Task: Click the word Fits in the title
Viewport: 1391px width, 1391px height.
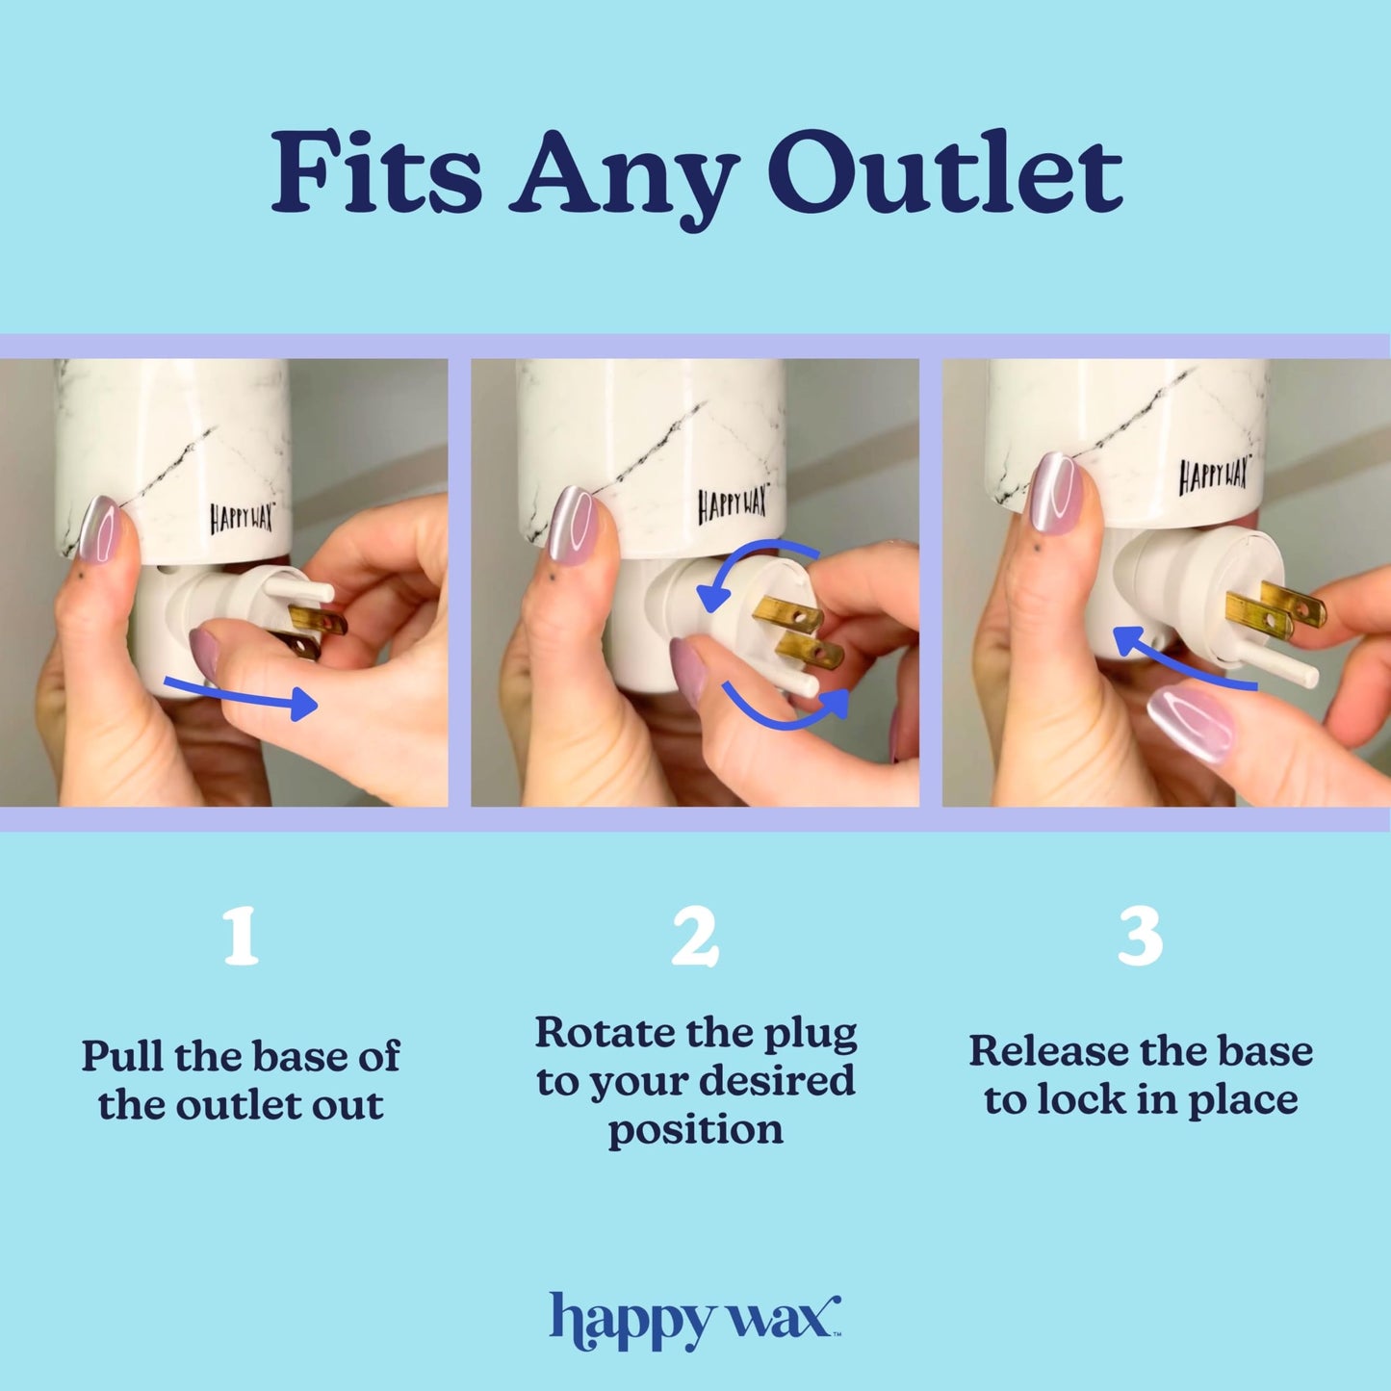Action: (x=375, y=175)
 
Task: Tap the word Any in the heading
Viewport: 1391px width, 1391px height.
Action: (x=625, y=178)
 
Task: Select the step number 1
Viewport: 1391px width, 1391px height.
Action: (x=240, y=936)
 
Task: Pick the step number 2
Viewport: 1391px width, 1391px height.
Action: (x=694, y=936)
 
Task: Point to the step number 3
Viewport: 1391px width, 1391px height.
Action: (x=1140, y=936)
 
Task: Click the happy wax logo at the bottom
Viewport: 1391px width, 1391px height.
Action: (x=695, y=1321)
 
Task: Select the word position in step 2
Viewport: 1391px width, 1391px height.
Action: (x=695, y=1130)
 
